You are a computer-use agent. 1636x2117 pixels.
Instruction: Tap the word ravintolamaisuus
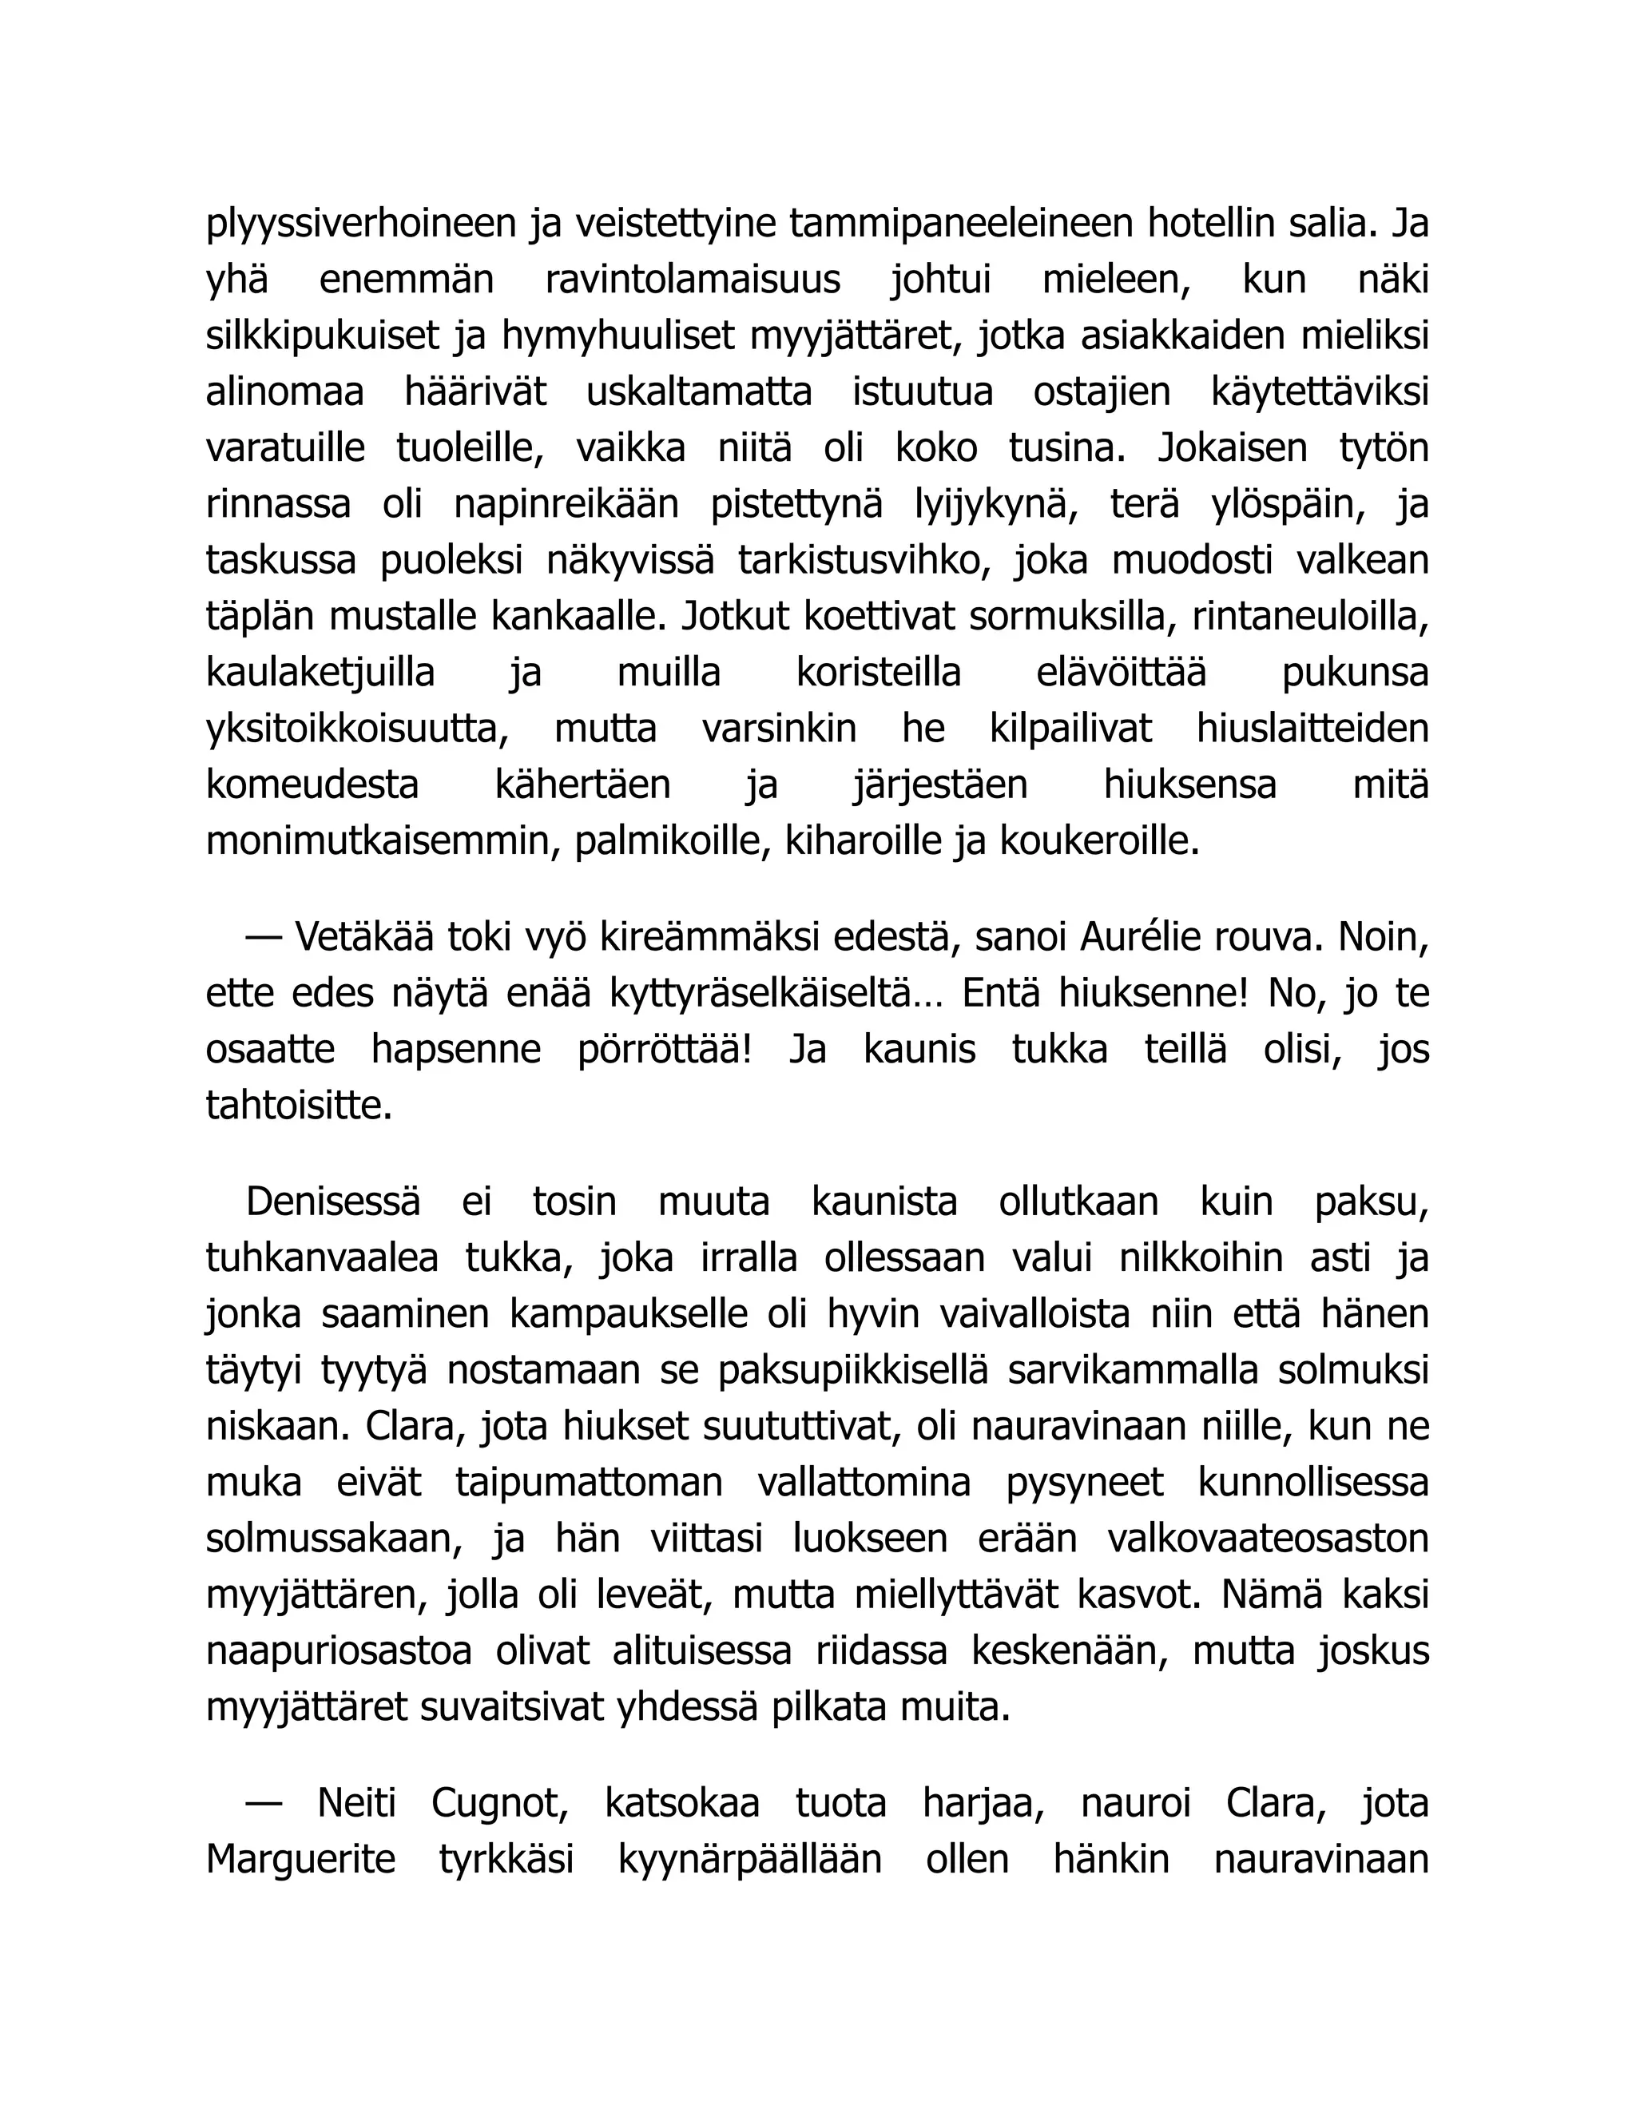coord(692,281)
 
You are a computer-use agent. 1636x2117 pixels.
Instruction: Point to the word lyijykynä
coord(997,506)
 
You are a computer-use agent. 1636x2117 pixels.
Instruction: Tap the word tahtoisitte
coord(299,1106)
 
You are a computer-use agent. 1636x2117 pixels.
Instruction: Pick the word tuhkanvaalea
coord(322,1259)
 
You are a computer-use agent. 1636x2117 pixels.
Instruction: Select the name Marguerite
coord(300,1860)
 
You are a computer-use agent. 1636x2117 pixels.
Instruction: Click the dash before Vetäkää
coord(264,939)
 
